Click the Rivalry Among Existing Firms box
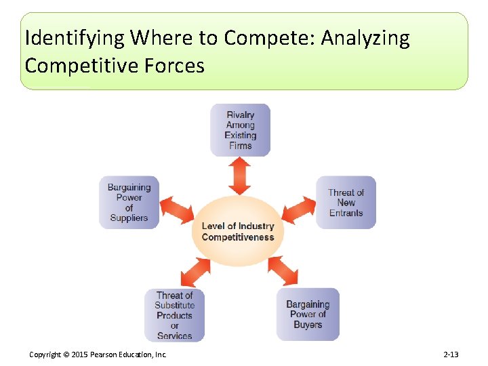point(240,129)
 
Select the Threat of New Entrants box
point(346,202)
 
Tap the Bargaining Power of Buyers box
point(308,314)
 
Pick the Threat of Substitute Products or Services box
point(174,314)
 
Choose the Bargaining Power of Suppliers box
point(129,202)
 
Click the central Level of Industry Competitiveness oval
point(238,232)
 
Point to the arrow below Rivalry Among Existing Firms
point(239,176)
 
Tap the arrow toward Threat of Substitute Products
point(196,272)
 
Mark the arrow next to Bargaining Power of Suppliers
point(177,210)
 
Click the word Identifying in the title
point(75,38)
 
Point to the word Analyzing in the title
point(365,38)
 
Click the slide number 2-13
point(451,354)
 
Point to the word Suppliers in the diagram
point(129,218)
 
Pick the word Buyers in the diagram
point(308,325)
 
